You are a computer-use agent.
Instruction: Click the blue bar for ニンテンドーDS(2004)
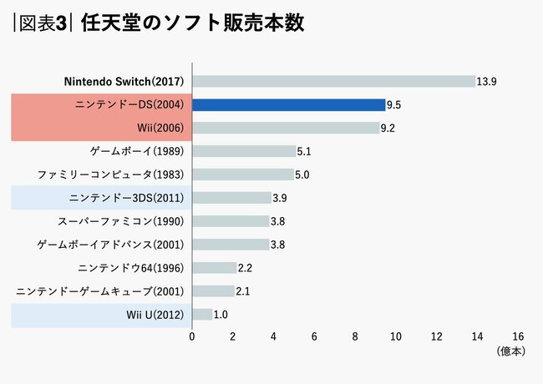tap(289, 105)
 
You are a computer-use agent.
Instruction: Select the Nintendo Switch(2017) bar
tap(333, 82)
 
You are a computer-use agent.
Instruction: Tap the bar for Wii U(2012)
tap(202, 315)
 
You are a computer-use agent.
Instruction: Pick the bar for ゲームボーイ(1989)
tap(244, 152)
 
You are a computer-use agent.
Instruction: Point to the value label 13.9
tap(487, 82)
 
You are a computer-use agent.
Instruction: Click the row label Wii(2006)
tap(165, 129)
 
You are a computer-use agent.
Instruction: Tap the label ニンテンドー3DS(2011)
tap(129, 198)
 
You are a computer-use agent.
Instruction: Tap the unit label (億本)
tap(510, 351)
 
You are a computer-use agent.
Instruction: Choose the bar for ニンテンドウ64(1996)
tap(215, 268)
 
